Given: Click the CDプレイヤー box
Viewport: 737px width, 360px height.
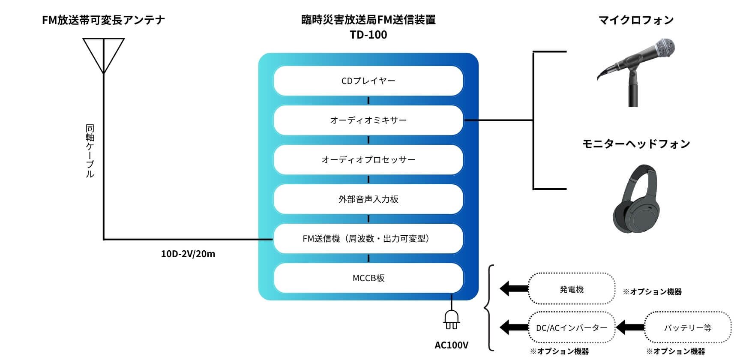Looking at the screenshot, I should point(368,81).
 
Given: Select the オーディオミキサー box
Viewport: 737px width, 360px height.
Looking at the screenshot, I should point(368,120).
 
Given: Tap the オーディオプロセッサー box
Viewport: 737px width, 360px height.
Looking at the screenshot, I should point(368,160).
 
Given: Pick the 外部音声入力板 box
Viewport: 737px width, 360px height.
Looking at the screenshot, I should point(368,199).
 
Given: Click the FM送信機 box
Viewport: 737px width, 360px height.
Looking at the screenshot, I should point(368,239).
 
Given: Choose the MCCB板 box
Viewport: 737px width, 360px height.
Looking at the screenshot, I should point(368,278).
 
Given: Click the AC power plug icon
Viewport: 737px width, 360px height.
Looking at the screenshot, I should point(451,319).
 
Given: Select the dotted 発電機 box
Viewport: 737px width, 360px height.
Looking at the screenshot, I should point(572,289).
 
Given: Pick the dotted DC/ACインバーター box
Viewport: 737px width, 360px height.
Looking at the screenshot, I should point(572,328).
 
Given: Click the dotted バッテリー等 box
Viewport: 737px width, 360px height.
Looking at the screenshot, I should point(688,328).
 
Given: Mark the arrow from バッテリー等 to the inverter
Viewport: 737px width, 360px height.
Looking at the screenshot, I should point(630,328).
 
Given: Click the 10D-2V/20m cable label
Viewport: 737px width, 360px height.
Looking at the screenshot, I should point(188,254).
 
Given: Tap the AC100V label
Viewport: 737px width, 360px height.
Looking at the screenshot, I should point(451,345).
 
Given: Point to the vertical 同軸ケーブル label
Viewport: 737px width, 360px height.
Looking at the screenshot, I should point(90,151).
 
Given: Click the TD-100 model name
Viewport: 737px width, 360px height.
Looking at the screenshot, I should point(368,35).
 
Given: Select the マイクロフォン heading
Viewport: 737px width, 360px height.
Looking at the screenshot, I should point(636,20).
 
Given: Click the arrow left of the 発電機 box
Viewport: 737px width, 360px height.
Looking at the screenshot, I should point(513,288).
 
